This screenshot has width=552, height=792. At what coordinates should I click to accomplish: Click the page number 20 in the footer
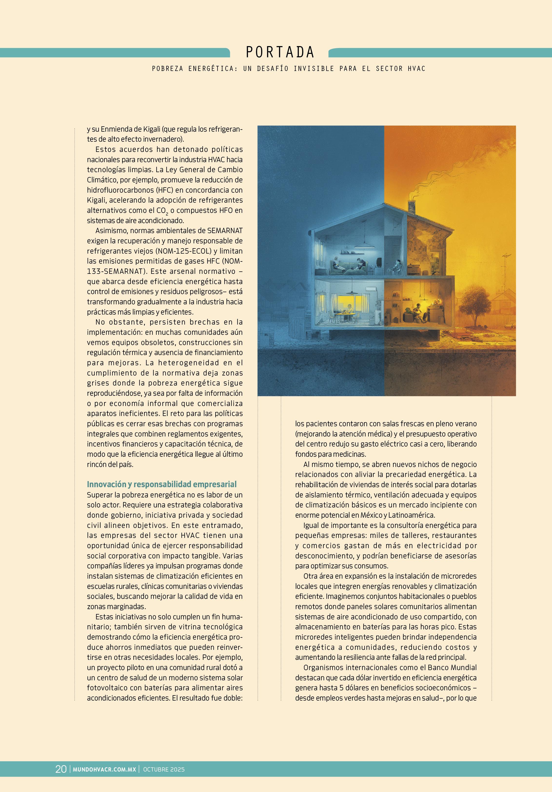61,769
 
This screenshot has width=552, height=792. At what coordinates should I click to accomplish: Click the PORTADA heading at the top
280,52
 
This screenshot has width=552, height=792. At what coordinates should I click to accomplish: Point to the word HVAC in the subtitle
416,69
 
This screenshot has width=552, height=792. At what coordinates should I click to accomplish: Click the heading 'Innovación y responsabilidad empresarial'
161,484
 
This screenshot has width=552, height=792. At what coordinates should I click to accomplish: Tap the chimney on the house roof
412,206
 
